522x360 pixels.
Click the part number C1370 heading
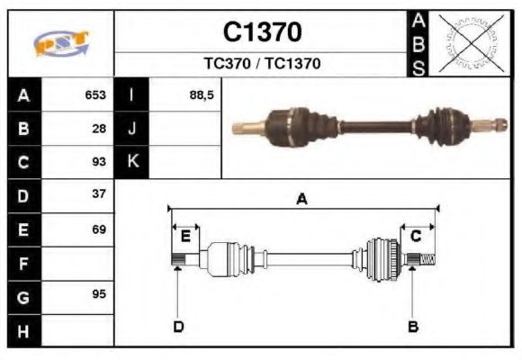(262, 32)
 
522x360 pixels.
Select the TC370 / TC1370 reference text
(262, 64)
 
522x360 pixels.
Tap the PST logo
(61, 43)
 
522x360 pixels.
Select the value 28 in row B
(99, 129)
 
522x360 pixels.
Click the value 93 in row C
(99, 162)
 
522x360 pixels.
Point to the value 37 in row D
(99, 194)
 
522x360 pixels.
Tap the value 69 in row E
(99, 229)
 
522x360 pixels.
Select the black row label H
(23, 330)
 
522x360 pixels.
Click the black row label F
(23, 264)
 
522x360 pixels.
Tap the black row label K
(132, 162)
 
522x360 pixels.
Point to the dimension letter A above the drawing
(302, 200)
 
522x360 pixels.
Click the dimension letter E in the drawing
(185, 237)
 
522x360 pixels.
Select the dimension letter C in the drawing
(416, 237)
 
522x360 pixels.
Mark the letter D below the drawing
(178, 326)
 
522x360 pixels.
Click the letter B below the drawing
(413, 326)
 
